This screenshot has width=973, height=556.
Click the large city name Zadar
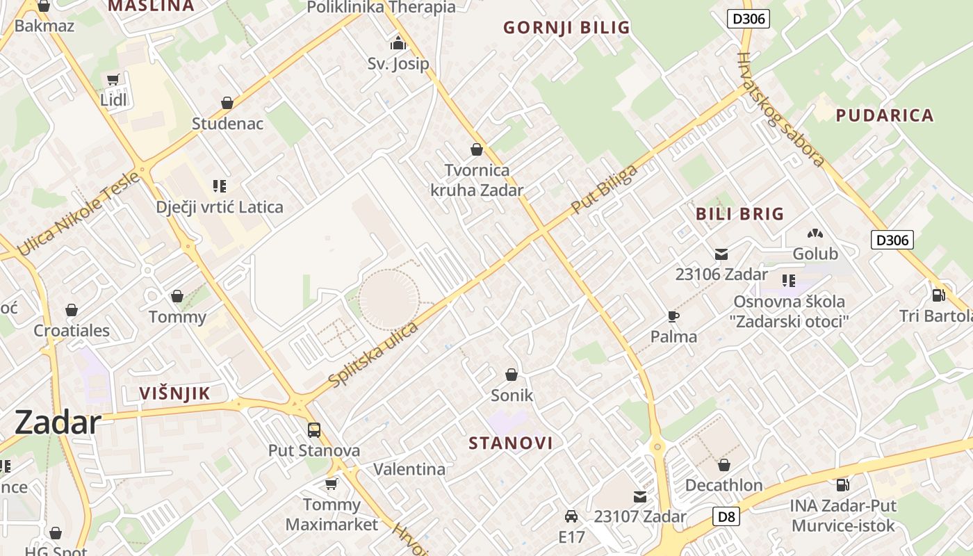tap(58, 423)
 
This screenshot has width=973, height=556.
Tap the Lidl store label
tap(114, 99)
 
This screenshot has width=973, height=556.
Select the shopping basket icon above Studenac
tap(227, 104)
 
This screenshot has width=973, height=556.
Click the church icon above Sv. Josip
tap(398, 43)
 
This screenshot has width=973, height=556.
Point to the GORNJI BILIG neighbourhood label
tap(566, 28)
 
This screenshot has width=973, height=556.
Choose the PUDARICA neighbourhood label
tap(884, 115)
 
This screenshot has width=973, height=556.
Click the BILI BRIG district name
tap(739, 214)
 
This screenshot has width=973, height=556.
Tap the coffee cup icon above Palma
tap(673, 317)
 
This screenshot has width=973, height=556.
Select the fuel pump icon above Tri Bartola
tap(938, 295)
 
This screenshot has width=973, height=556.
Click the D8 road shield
tap(726, 516)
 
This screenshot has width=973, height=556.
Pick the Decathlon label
tap(724, 485)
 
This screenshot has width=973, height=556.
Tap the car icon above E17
tap(571, 516)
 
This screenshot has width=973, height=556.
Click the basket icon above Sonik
tap(512, 375)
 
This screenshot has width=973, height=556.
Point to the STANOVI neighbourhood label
tap(511, 443)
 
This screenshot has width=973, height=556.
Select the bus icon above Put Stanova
tap(314, 430)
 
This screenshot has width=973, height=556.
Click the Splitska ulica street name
tap(373, 355)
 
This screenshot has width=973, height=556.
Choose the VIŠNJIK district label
tap(174, 393)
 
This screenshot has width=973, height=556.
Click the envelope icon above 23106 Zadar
tap(721, 254)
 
